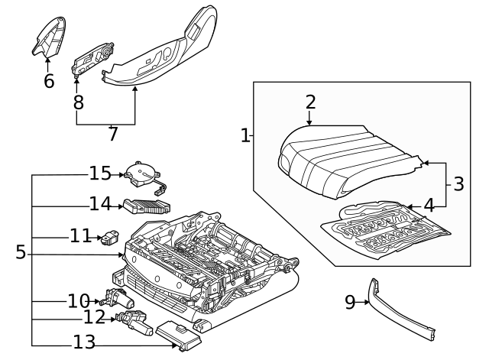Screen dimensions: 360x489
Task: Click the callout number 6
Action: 49,81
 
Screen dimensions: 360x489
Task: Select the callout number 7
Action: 113,135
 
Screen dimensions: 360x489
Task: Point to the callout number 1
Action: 245,136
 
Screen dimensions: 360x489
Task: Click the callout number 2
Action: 310,102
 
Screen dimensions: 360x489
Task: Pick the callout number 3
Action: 458,184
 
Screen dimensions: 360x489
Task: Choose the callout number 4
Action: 429,205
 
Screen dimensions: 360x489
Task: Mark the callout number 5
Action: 21,252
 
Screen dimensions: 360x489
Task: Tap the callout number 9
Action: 350,303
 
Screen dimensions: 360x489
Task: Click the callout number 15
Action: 100,174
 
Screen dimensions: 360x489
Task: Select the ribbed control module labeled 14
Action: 147,205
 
